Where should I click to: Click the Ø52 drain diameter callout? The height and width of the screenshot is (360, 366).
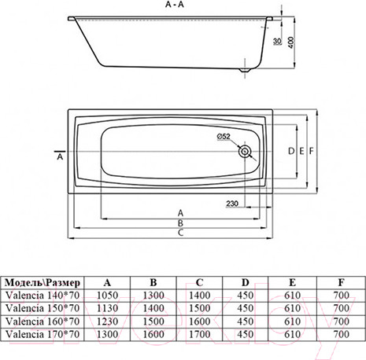226,137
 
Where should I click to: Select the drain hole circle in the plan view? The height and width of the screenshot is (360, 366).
247,149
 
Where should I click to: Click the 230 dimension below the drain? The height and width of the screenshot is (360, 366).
233,204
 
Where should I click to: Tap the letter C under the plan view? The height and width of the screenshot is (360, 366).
181,233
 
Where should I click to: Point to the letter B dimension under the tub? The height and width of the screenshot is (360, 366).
181,223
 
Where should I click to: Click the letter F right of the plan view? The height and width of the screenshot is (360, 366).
312,149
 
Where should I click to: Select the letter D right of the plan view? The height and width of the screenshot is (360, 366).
290,149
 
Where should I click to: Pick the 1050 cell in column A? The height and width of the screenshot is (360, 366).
106,296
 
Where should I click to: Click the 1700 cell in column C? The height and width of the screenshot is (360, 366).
200,335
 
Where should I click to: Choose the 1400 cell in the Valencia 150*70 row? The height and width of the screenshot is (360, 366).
153,309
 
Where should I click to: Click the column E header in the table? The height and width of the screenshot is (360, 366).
293,281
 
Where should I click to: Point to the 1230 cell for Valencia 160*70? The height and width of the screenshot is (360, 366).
106,322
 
